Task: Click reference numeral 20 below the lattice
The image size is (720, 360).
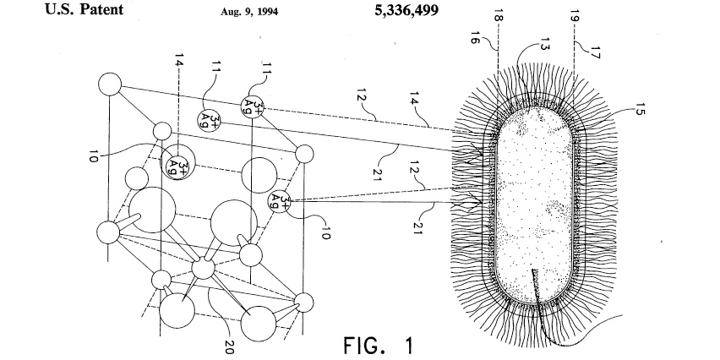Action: pyautogui.click(x=227, y=346)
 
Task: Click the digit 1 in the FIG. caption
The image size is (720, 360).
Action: pyautogui.click(x=408, y=344)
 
